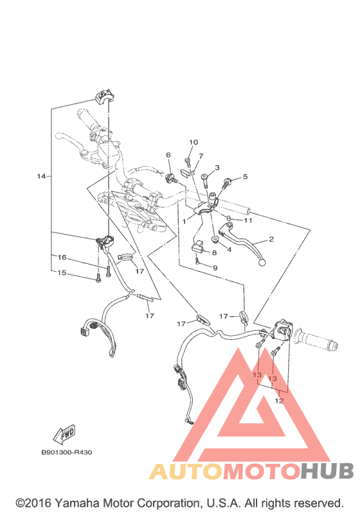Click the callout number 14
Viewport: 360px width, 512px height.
pyautogui.click(x=41, y=176)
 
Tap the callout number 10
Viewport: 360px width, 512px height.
pyautogui.click(x=194, y=142)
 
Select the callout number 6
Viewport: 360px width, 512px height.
pyautogui.click(x=168, y=154)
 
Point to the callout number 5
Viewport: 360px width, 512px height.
pyautogui.click(x=246, y=177)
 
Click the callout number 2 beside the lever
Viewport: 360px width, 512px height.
pyautogui.click(x=271, y=240)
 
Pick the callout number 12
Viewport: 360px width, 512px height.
pyautogui.click(x=279, y=401)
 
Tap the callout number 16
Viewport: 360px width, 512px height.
pyautogui.click(x=62, y=258)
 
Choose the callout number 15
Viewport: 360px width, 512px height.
pyautogui.click(x=62, y=272)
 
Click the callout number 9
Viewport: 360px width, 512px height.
pyautogui.click(x=215, y=268)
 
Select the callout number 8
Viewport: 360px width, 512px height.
pyautogui.click(x=214, y=252)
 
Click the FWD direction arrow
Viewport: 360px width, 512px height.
pyautogui.click(x=65, y=434)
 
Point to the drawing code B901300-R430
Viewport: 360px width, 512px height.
pyautogui.click(x=67, y=452)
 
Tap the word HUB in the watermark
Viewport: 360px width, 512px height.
pyautogui.click(x=327, y=471)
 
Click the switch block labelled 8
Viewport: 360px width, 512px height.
pyautogui.click(x=197, y=246)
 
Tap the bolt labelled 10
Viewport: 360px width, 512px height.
pyautogui.click(x=188, y=161)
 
